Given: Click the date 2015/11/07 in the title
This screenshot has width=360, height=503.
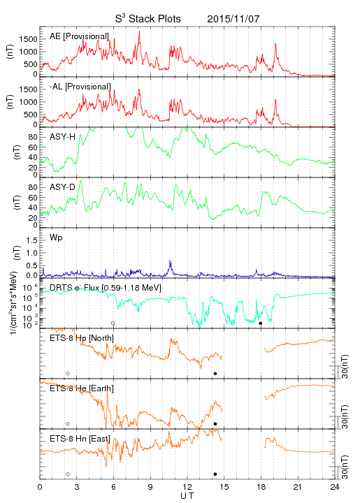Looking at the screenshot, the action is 233,19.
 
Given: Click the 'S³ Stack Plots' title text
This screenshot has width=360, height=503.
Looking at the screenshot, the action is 148,19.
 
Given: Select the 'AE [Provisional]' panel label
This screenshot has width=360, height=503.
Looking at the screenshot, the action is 79,36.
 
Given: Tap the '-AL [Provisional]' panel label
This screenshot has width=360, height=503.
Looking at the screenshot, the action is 80,87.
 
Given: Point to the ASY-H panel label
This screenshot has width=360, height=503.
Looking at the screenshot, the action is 62,137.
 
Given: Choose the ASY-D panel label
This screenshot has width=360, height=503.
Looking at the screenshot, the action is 62,187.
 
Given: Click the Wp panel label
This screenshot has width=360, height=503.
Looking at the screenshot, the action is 56,238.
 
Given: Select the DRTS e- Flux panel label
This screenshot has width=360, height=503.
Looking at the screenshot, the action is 106,288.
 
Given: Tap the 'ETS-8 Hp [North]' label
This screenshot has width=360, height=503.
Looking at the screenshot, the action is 82,338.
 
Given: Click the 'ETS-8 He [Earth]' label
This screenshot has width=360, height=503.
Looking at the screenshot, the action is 82,388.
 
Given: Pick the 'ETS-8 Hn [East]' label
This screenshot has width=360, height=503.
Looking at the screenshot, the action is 80,439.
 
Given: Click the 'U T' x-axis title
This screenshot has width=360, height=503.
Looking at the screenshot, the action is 187,496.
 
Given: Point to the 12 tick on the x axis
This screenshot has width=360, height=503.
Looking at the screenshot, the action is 187,487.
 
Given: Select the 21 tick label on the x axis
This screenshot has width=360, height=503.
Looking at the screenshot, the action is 298,487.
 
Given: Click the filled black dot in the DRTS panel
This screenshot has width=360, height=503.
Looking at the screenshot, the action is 261,323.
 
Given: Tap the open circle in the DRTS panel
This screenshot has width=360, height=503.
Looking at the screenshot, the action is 113,323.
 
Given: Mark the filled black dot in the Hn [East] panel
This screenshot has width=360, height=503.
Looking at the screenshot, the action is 215,474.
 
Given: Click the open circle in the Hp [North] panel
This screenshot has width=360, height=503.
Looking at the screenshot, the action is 68,373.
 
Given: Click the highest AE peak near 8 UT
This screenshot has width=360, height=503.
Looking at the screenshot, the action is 139,31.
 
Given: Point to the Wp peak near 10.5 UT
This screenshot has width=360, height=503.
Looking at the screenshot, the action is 170,261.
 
